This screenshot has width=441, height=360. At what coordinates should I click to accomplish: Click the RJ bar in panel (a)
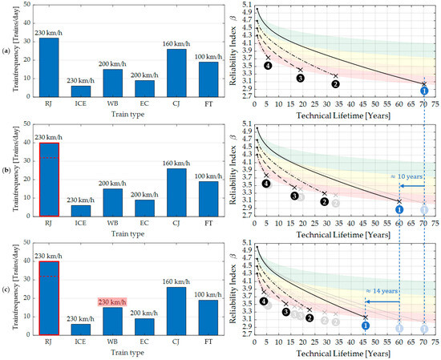point(49,67)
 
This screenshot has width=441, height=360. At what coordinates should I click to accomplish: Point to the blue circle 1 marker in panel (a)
point(424,91)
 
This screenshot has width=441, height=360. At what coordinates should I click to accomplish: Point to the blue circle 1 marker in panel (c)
point(365,325)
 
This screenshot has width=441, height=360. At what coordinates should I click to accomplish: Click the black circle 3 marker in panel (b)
point(294,196)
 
